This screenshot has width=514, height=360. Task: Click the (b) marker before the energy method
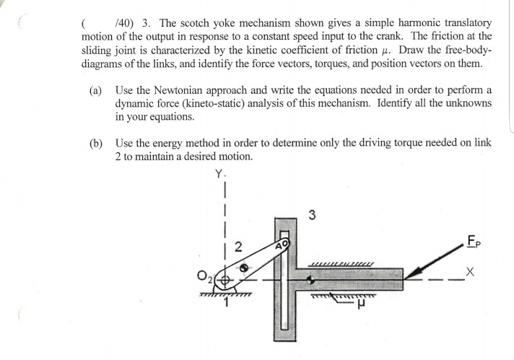(x=96, y=143)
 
